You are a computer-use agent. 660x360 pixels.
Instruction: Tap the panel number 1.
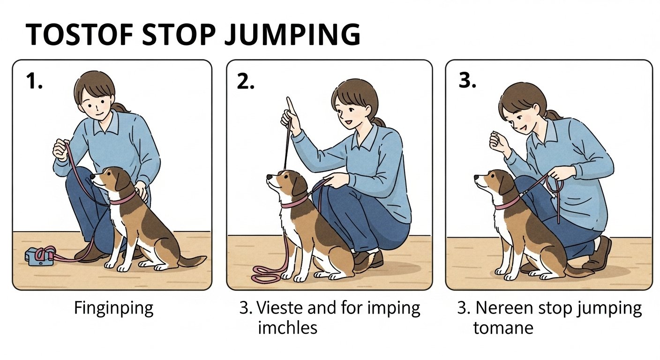click(34, 81)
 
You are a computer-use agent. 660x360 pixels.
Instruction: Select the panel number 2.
click(246, 81)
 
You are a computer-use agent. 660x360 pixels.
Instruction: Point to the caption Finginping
click(114, 309)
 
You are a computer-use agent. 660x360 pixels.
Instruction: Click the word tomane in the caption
click(503, 328)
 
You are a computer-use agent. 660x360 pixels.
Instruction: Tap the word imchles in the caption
click(287, 327)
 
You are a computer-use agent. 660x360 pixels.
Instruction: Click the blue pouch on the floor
click(39, 256)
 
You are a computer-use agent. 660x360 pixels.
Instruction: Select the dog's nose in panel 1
click(92, 176)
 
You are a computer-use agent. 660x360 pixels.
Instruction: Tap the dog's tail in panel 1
click(192, 260)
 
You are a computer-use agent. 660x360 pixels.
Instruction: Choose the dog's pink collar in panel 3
click(507, 203)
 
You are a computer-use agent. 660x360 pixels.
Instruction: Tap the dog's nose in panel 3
click(477, 178)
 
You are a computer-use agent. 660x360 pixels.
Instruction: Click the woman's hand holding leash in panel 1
click(61, 150)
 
